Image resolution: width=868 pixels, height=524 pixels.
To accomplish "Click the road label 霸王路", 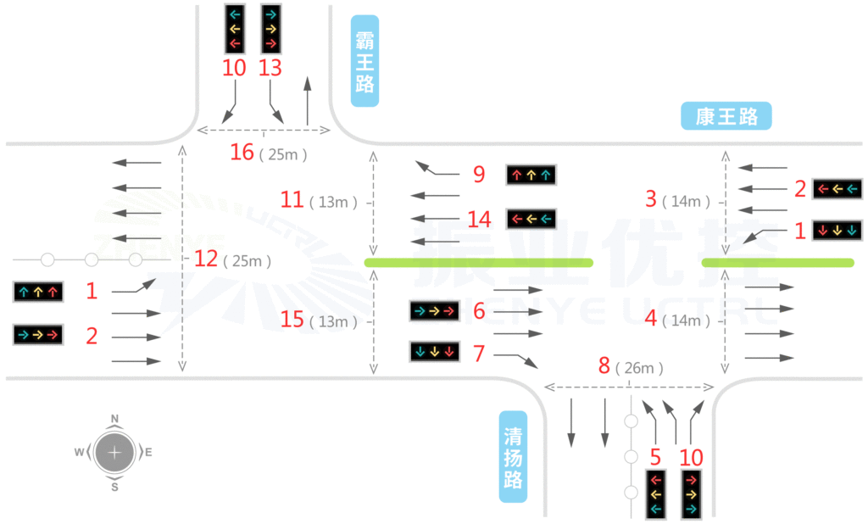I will pos(364,60).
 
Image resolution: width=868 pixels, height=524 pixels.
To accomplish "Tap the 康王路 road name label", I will pos(726,117).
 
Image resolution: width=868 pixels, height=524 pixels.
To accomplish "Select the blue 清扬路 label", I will pos(513,456).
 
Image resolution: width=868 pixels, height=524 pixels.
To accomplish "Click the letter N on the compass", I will pos(114,418).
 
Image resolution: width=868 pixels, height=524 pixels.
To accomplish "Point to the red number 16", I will pos(242,153).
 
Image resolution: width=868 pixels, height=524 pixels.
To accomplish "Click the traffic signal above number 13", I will pos(270,28).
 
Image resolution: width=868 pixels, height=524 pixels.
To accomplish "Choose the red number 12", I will pos(206,259).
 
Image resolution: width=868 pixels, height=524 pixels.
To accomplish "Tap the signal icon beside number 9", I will pos(531,176).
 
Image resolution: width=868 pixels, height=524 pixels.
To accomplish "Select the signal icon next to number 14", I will pos(531,219).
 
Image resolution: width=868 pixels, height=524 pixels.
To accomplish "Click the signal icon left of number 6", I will pos(434,311).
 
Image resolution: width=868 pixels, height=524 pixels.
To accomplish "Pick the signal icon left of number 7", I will pos(434,350).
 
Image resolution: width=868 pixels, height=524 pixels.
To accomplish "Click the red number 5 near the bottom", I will pos(655,458).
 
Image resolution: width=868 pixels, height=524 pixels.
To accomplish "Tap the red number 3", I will pos(651,199).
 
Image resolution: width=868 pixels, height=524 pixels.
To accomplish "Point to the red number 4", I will pos(651,320).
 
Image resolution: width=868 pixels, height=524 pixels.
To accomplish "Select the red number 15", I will pos(292,321).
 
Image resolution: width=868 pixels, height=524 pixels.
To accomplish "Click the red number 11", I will pos(292,200).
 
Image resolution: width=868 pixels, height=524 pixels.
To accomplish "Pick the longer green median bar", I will pos(478,263).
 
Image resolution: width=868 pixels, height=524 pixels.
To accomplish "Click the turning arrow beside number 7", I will pos(517,358).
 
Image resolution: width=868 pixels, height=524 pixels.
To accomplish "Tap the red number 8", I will pos(604,366).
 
